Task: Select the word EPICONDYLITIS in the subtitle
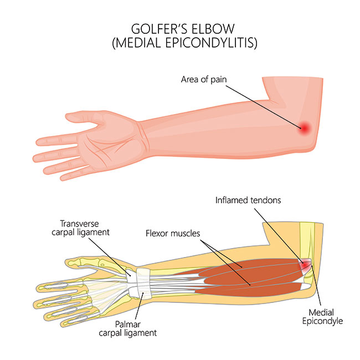pos(211,43)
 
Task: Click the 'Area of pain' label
pos(204,79)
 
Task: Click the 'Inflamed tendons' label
pos(248,200)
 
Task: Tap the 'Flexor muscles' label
pos(173,234)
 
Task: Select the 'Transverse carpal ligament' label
pos(81,228)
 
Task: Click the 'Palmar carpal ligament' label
pos(127,328)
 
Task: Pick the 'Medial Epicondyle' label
pos(322,317)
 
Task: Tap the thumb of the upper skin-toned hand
pos(85,117)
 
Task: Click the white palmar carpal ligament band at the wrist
pos(143,283)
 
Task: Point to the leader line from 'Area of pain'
pos(263,107)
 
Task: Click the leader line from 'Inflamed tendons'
pos(279,235)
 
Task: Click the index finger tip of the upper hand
pos(38,142)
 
